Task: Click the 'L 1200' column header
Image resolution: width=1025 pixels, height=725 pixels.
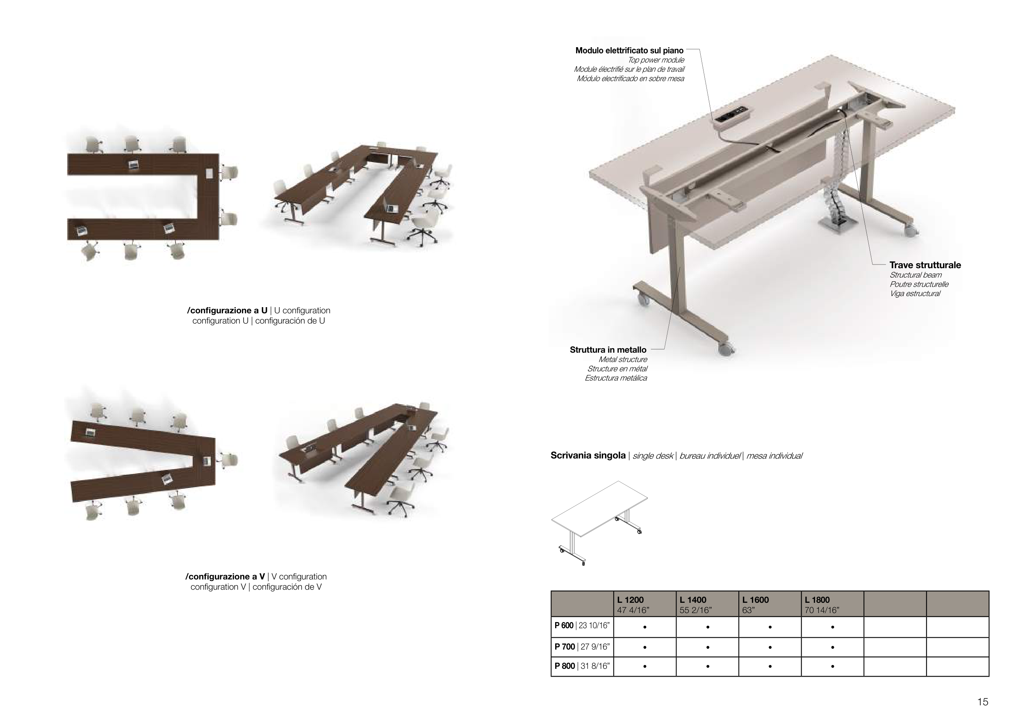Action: click(630, 600)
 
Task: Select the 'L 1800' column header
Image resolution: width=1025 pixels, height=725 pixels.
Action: click(818, 600)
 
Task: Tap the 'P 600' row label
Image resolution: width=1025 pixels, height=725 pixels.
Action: click(564, 625)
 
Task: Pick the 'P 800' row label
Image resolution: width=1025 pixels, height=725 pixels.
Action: click(564, 666)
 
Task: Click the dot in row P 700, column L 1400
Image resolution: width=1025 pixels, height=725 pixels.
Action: click(708, 647)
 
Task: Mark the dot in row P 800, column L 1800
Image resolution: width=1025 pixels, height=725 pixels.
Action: click(833, 666)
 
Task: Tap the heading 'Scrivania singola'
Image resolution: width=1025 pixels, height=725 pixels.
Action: click(588, 456)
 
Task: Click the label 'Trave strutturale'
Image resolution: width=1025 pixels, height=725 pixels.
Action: click(925, 265)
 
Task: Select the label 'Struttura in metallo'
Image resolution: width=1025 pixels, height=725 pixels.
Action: click(608, 350)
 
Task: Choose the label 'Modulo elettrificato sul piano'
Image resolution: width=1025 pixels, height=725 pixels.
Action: click(629, 50)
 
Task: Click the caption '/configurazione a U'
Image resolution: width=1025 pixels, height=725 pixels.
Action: click(227, 310)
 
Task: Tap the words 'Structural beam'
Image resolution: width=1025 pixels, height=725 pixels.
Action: click(916, 275)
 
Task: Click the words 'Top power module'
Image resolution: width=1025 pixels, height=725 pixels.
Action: click(656, 60)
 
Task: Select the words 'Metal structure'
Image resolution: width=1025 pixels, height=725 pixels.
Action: click(623, 359)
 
